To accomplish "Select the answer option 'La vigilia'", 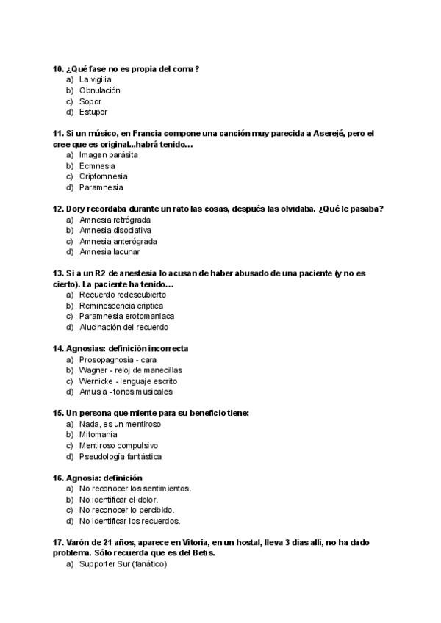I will [x=95, y=79].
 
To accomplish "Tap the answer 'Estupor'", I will [x=93, y=112].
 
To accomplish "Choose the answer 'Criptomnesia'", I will [x=104, y=176].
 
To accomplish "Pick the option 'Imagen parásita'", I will [x=108, y=155].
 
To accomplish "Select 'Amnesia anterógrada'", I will [x=118, y=241].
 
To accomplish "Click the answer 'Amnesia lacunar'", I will [x=110, y=252].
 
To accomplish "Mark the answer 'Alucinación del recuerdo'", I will [x=123, y=327].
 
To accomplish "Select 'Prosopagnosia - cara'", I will [x=118, y=359].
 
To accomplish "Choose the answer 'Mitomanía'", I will [x=99, y=435].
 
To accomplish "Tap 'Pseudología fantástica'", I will [x=121, y=456].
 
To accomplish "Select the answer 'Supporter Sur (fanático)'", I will [x=123, y=563].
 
